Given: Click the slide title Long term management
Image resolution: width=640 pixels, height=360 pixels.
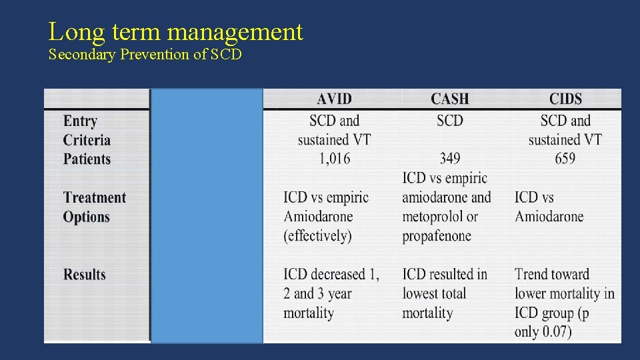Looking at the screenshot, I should click(x=175, y=31).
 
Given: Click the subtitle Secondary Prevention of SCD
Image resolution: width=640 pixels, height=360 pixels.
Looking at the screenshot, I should click(x=145, y=55).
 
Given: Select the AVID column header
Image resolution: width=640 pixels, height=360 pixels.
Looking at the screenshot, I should click(x=334, y=99).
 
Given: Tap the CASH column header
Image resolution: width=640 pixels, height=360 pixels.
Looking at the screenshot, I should click(x=449, y=99).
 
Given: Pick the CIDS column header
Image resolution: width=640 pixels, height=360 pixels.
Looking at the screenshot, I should click(x=565, y=99).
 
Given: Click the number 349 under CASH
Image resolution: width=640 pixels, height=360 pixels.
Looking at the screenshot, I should click(x=450, y=159).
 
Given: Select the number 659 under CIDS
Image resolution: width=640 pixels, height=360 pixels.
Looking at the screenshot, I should click(x=565, y=159).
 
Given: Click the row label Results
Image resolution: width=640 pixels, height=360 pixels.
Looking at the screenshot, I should click(x=85, y=275).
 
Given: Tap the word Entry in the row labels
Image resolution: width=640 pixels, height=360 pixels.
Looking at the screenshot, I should click(x=80, y=121).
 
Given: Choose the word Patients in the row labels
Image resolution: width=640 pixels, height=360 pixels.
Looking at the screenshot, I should click(x=87, y=159).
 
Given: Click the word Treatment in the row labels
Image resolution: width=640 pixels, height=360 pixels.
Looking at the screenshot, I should click(x=95, y=198).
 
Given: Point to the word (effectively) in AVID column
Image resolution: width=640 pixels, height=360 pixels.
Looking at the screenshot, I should click(x=317, y=236).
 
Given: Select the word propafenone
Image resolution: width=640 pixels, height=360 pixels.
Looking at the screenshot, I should click(x=437, y=236).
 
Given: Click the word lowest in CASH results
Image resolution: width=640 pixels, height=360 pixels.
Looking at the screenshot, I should click(x=423, y=294).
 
